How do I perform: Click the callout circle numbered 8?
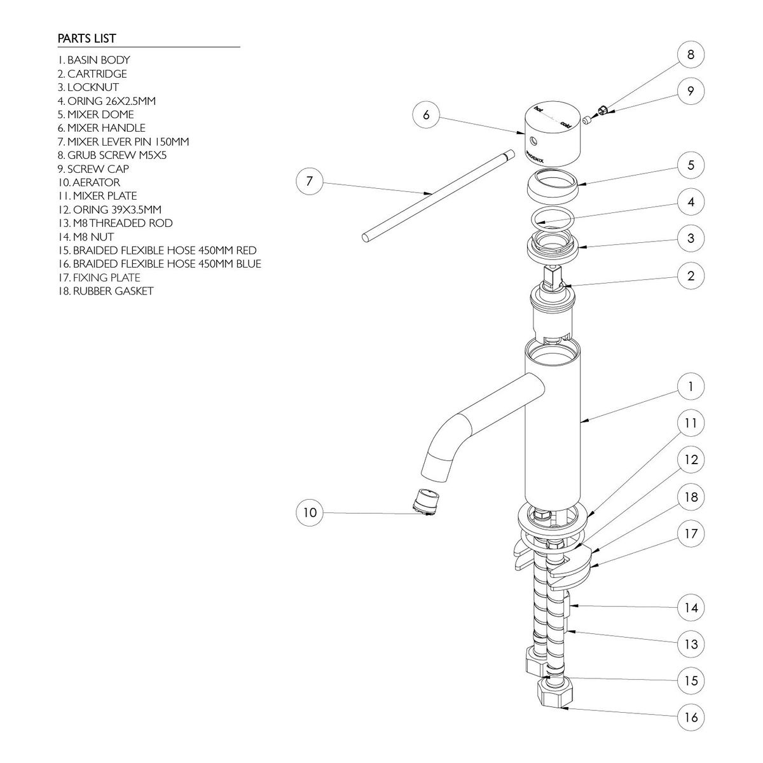point(691,54)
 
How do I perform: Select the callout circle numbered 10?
point(310,512)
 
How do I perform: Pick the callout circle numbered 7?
point(310,181)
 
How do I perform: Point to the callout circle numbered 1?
point(691,386)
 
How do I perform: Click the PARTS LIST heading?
point(86,38)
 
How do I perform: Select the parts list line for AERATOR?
point(88,182)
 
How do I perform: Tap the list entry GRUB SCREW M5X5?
point(112,155)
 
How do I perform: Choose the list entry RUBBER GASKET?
point(106,291)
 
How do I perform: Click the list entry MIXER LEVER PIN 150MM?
point(123,141)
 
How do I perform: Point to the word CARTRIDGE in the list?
point(97,74)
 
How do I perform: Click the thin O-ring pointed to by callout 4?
point(553,218)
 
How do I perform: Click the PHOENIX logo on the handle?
point(535,157)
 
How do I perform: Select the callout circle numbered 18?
point(691,497)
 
